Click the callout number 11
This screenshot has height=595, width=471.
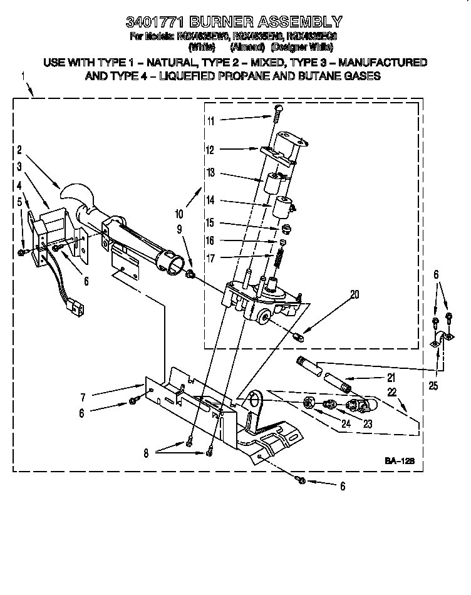[211, 120]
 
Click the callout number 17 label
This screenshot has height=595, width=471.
[210, 257]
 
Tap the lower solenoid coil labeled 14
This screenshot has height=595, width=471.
[283, 207]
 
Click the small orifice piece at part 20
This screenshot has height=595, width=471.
[299, 338]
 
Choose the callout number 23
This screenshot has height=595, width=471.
[367, 424]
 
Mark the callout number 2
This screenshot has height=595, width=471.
[20, 150]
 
